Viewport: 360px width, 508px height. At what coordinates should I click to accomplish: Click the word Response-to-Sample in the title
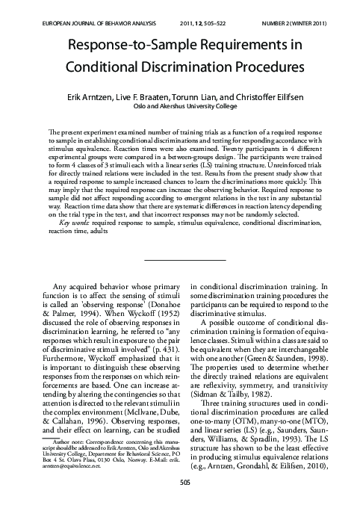tap(127, 46)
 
